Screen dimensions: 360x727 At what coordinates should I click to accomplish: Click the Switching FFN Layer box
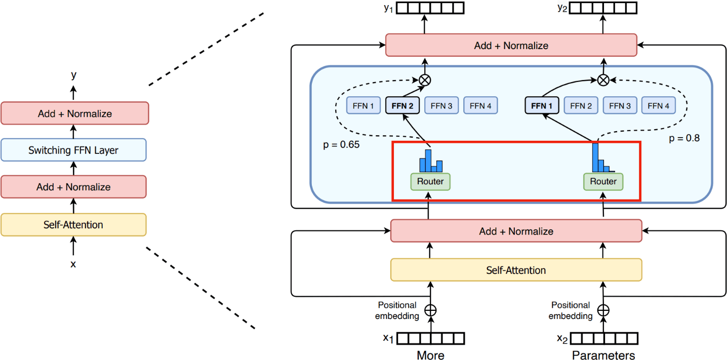(x=73, y=150)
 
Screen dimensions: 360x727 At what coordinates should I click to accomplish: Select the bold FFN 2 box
(x=402, y=106)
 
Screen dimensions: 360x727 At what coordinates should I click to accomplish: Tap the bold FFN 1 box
(x=542, y=106)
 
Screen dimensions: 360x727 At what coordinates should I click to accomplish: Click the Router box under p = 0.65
(x=430, y=181)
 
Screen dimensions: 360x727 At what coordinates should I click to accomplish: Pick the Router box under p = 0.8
(x=603, y=181)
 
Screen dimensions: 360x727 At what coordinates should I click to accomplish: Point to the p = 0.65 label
(x=341, y=145)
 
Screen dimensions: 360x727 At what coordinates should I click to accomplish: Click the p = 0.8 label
(x=684, y=138)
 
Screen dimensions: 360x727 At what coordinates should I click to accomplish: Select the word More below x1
(x=430, y=355)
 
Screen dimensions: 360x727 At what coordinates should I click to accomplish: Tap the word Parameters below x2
(x=603, y=355)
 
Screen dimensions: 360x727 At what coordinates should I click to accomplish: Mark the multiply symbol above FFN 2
(x=425, y=79)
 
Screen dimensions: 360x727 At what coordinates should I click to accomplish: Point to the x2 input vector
(x=603, y=338)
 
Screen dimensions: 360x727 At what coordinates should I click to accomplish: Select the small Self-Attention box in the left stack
(x=73, y=224)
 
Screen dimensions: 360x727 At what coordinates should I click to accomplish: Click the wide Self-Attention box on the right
(x=516, y=270)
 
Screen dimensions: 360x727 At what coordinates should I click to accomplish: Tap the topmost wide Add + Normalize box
(x=511, y=45)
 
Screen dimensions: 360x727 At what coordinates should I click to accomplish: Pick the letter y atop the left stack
(x=74, y=75)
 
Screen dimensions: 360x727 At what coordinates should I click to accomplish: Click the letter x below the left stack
(x=73, y=264)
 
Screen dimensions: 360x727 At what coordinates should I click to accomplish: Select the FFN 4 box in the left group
(x=480, y=106)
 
